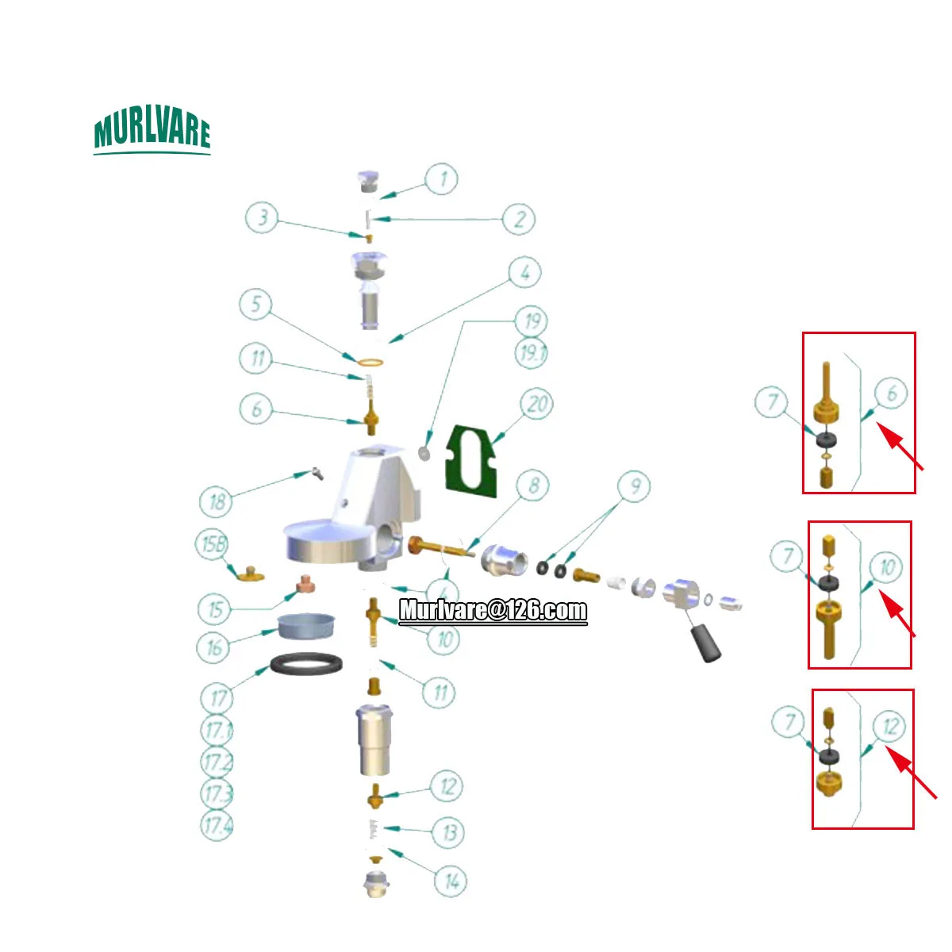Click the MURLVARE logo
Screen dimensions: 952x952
152,132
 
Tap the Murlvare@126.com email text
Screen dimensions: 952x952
493,610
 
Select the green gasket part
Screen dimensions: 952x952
472,461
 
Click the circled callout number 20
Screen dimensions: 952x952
537,405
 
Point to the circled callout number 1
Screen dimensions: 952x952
442,178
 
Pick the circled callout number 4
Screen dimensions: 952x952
524,273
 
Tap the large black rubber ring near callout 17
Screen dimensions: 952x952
307,663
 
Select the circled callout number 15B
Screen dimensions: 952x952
213,544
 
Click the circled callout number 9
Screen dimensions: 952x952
634,486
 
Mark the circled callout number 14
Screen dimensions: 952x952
451,881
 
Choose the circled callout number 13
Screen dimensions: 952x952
449,833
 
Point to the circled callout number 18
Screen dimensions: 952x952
217,501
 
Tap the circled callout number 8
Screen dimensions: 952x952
533,485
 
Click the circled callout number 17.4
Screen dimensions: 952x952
217,825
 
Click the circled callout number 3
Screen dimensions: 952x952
262,217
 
